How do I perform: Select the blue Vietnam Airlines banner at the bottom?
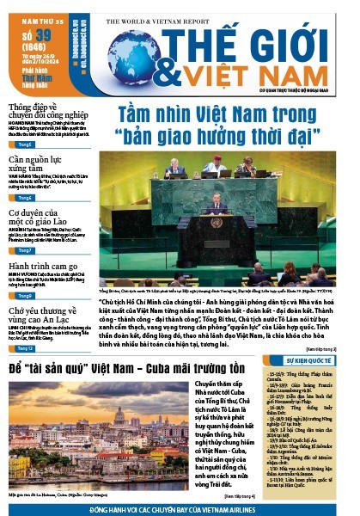point(180,508)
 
